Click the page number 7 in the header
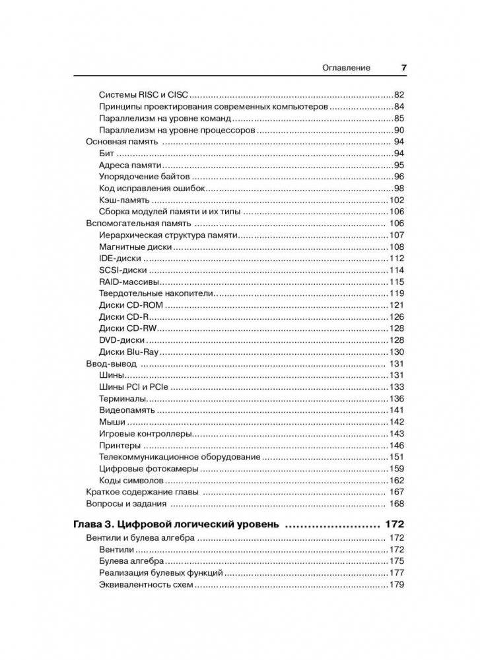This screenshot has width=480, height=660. point(403,67)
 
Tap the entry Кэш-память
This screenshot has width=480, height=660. point(124,200)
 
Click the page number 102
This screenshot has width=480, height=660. point(396,200)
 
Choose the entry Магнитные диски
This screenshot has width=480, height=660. point(135,247)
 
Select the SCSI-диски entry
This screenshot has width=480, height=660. point(123,270)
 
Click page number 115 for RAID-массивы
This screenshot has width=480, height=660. point(396,282)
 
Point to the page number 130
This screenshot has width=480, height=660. point(396,352)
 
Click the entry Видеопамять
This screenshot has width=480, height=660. point(127,410)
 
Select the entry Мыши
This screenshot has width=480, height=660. point(112,422)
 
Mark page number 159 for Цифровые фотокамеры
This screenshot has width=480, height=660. point(396,469)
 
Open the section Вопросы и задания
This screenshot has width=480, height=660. point(125,504)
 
